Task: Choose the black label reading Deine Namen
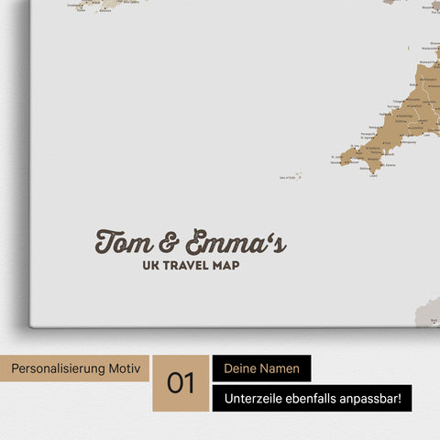(261, 368)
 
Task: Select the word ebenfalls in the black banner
(320, 398)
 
